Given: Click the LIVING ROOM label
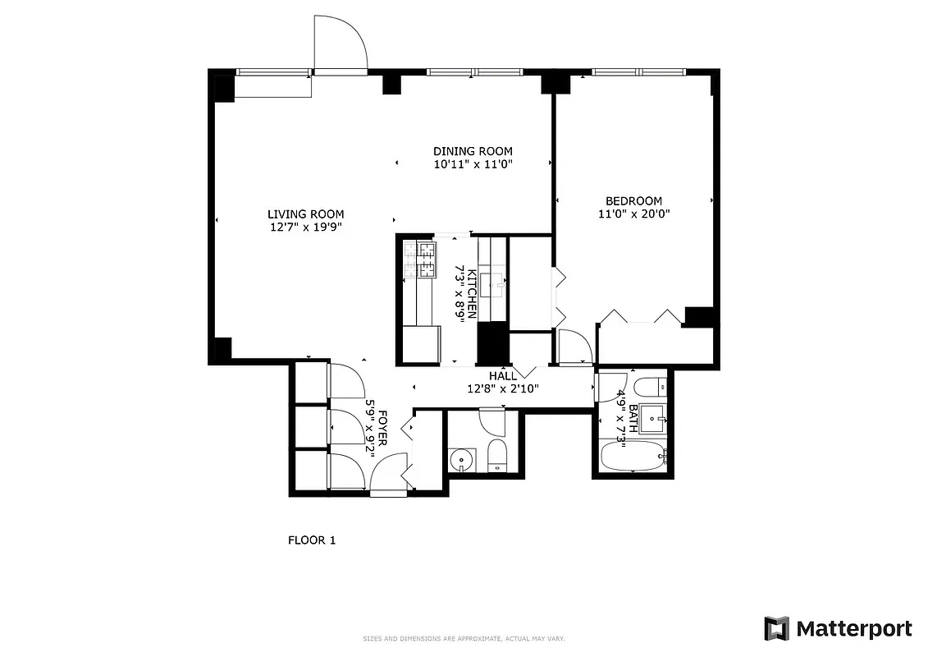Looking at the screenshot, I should coord(305,214).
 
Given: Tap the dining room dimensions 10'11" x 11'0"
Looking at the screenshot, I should coord(473,164).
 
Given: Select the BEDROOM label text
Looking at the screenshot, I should coord(633,201).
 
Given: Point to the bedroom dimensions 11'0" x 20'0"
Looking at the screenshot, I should coord(633,214).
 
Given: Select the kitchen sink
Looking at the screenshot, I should coord(495,283).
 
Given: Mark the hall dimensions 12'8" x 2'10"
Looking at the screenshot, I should coord(503,389).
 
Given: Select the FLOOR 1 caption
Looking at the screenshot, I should coord(312,540).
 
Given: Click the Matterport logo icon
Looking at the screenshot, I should coord(776,629).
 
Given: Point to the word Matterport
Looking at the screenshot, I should coord(853,629).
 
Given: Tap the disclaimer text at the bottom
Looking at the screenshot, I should coord(464,639).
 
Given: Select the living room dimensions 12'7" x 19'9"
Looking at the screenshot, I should coord(305,227).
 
